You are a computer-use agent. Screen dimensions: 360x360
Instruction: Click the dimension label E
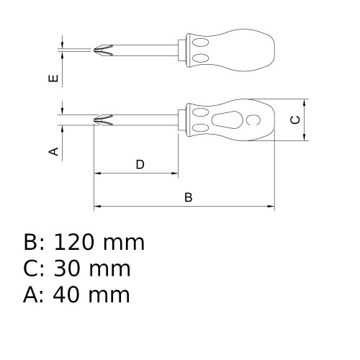[x=53, y=78]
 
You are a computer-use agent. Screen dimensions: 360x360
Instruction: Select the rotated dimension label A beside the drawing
[x=53, y=151]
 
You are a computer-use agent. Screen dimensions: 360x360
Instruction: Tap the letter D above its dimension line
[x=140, y=165]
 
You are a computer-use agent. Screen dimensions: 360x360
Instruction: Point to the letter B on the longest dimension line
[x=189, y=197]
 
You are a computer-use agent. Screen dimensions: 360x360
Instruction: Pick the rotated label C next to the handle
[x=295, y=120]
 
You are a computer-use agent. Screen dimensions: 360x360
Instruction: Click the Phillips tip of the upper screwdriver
[x=102, y=50]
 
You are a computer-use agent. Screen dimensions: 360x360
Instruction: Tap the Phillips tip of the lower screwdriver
[x=103, y=120]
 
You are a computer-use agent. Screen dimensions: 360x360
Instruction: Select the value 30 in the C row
[x=67, y=269]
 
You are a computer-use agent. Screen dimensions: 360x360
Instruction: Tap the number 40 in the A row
[x=67, y=294]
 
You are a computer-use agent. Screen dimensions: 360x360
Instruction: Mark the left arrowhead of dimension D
[x=98, y=174]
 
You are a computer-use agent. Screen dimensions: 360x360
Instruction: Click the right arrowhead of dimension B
[x=271, y=207]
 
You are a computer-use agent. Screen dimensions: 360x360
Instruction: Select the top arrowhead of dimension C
[x=306, y=102]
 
